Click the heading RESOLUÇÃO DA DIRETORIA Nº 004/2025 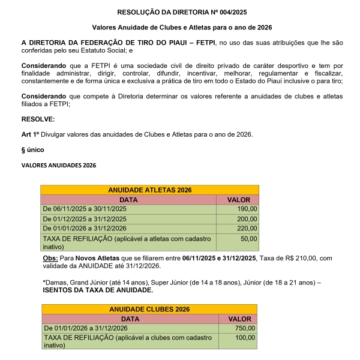tap(180, 11)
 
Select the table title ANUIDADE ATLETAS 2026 tap(149, 190)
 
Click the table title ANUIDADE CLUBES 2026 tap(149, 309)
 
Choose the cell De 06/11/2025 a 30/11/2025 tap(84, 209)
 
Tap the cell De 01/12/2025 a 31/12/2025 tap(84, 219)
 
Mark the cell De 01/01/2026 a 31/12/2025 tap(84, 229)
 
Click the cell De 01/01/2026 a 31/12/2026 tap(85, 328)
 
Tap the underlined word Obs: tap(50, 258)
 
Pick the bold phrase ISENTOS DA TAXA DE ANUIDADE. tap(98, 290)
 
